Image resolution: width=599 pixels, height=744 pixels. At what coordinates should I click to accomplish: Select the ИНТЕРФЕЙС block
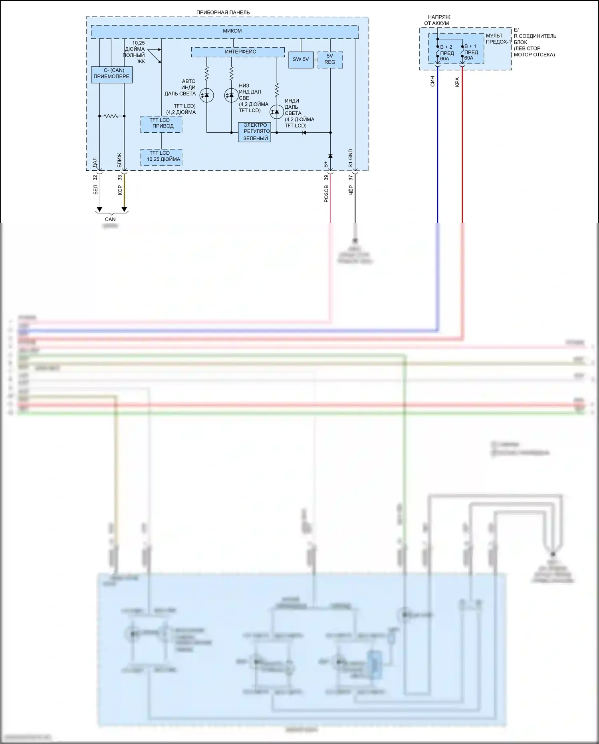pyautogui.click(x=238, y=52)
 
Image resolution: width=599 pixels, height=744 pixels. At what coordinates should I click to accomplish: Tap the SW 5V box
pyautogui.click(x=301, y=60)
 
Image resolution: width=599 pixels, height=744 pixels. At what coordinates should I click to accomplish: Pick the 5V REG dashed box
pyautogui.click(x=330, y=60)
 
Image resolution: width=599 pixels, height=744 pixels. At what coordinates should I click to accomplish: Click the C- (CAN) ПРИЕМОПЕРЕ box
pyautogui.click(x=111, y=74)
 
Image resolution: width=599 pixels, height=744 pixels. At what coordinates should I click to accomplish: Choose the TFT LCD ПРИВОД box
pyautogui.click(x=161, y=124)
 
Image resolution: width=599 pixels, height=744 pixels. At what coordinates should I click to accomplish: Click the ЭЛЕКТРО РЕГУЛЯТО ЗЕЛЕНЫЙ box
pyautogui.click(x=255, y=132)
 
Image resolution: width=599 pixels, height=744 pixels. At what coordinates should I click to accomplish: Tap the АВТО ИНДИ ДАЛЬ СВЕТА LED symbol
pyautogui.click(x=206, y=95)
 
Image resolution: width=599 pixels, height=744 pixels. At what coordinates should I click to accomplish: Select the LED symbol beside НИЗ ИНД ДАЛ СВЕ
pyautogui.click(x=231, y=95)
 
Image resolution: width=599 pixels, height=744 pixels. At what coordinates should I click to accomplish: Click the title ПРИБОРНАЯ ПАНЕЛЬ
pyautogui.click(x=223, y=12)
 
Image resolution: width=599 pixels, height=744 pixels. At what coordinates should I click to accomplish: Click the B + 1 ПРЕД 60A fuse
pyautogui.click(x=462, y=52)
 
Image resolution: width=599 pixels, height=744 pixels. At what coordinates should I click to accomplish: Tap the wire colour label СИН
pyautogui.click(x=432, y=82)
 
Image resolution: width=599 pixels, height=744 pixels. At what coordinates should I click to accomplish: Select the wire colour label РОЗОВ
pyautogui.click(x=326, y=193)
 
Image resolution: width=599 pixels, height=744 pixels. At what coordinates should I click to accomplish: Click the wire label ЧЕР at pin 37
pyautogui.click(x=351, y=190)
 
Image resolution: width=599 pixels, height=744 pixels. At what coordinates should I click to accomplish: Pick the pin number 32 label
pyautogui.click(x=95, y=178)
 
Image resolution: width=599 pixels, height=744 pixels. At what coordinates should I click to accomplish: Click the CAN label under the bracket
pyautogui.click(x=110, y=219)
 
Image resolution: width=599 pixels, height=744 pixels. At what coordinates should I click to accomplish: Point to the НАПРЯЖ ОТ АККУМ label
pyautogui.click(x=438, y=20)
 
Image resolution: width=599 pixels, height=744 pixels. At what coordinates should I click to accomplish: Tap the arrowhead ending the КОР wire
pyautogui.click(x=124, y=209)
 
